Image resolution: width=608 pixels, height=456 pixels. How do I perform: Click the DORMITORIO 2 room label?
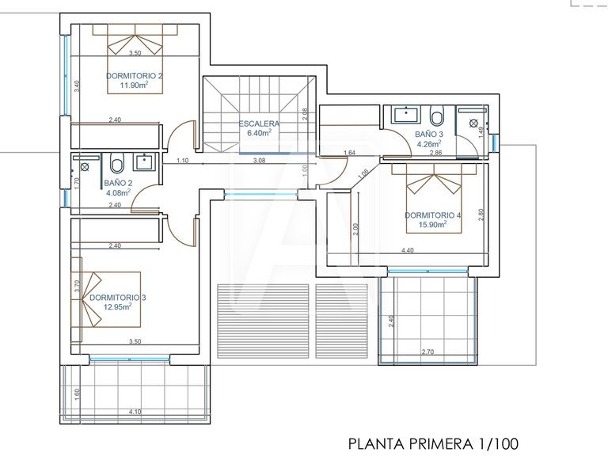click(x=135, y=76)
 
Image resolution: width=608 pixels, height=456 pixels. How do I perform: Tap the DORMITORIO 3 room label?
click(x=117, y=298)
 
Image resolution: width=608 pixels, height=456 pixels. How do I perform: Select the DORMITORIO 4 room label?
click(x=432, y=215)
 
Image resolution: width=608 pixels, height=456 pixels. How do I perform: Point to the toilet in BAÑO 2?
click(x=117, y=164)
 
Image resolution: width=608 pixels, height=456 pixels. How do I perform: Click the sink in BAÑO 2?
click(x=144, y=163)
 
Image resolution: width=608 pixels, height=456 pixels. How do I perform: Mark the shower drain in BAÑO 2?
click(x=85, y=167)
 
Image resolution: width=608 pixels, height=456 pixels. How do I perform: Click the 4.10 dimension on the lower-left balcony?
click(x=135, y=411)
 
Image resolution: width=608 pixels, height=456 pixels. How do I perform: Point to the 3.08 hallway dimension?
click(x=259, y=161)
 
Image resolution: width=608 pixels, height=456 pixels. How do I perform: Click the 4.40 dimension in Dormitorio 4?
click(x=408, y=251)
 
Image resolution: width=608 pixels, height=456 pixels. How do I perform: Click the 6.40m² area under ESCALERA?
click(x=259, y=133)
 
